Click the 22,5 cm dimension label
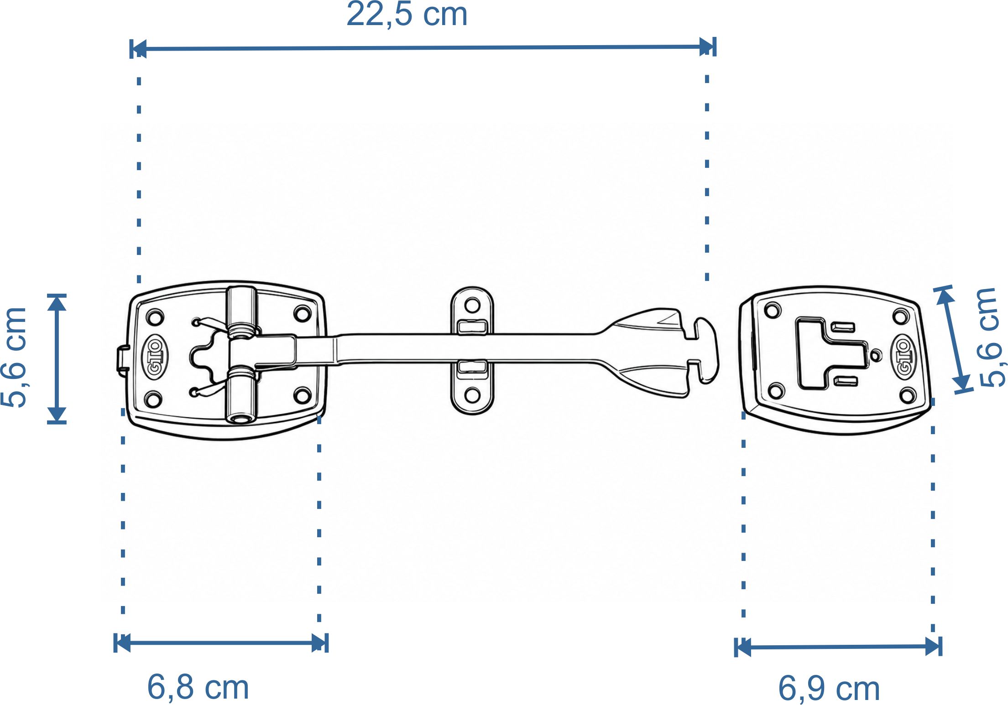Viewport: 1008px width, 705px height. [407, 14]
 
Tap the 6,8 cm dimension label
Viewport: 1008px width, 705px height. [198, 687]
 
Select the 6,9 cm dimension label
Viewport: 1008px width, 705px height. [829, 688]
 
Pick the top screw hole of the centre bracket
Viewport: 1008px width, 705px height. [472, 305]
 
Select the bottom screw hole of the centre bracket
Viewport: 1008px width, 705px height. [472, 395]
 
